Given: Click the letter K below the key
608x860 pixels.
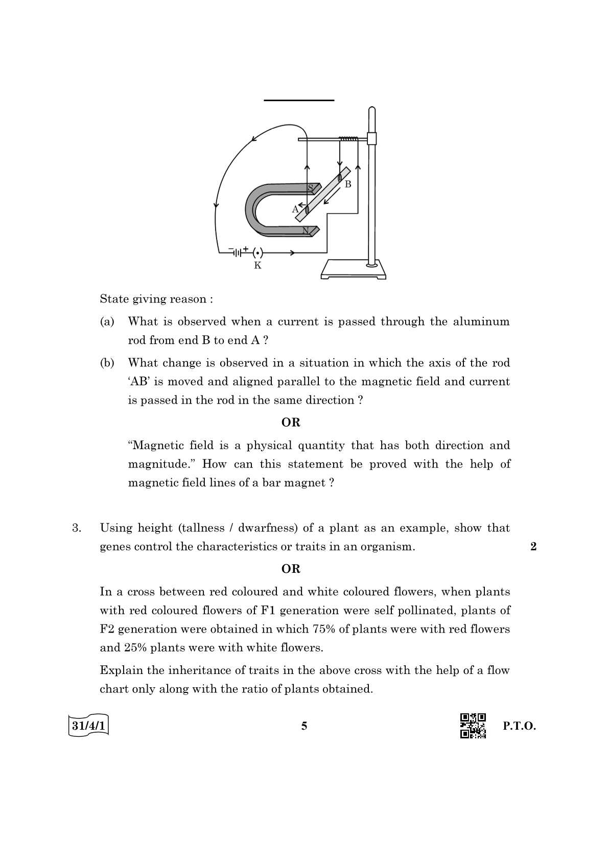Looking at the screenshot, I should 258,266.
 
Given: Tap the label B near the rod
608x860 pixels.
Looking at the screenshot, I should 348,184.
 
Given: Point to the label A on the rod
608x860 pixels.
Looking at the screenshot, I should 295,209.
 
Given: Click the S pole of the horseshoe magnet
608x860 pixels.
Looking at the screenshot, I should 310,188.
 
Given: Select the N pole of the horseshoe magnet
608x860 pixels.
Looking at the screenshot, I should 306,230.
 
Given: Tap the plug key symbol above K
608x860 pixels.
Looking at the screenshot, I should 258,252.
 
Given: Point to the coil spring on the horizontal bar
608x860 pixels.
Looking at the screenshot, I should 348,138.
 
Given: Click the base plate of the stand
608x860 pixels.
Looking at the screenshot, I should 353,270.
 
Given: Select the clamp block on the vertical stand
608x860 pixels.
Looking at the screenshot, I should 371,138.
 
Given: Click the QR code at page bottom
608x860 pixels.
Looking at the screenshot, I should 473,726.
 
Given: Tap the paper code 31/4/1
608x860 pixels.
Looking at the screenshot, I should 88,726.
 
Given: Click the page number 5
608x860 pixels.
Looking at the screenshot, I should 304,726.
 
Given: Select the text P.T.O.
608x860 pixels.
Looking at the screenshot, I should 519,726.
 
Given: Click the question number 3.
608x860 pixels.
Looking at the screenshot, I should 77,528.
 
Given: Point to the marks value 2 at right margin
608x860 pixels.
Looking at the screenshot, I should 533,547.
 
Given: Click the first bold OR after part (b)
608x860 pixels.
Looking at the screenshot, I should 291,423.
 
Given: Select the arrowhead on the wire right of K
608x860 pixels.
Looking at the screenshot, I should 292,252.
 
